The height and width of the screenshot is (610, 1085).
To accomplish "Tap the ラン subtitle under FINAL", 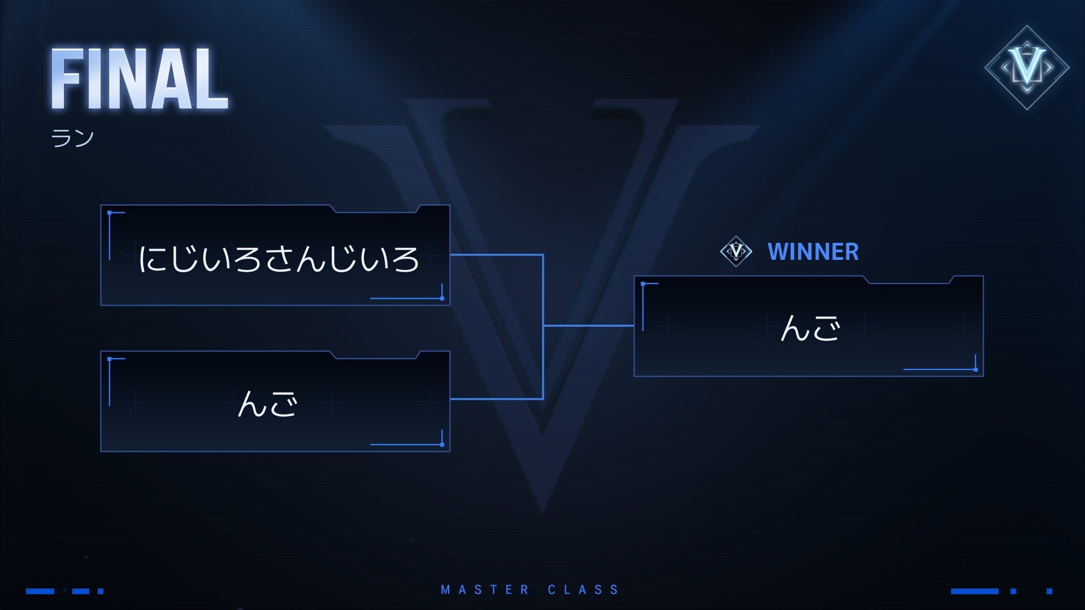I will point(72,138).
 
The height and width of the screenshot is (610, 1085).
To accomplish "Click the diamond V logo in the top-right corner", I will point(1027,67).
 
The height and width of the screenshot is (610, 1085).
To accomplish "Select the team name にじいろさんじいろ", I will point(279,259).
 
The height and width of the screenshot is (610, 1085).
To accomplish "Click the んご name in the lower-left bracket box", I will point(267,404).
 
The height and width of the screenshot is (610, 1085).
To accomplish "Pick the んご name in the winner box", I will point(810,328).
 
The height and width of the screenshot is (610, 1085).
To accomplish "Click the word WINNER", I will point(813,252).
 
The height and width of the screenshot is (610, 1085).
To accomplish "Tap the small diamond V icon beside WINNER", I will point(736,251).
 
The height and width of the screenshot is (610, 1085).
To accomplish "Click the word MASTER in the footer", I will point(485,590).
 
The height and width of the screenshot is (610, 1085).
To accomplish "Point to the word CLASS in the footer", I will point(583,590).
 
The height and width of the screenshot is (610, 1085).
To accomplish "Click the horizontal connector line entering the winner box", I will point(588,326).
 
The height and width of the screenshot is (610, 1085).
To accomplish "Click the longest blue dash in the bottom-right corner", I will point(974,591).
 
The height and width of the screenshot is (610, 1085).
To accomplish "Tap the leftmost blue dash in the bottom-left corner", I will point(40,591).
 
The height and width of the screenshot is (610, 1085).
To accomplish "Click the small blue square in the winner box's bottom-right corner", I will point(975,369).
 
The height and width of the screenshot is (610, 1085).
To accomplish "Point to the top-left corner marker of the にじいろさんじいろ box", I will point(110,213).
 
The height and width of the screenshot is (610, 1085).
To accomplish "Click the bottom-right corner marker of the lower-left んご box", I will point(442,445).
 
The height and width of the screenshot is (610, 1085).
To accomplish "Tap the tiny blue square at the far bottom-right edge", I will point(1049,591).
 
